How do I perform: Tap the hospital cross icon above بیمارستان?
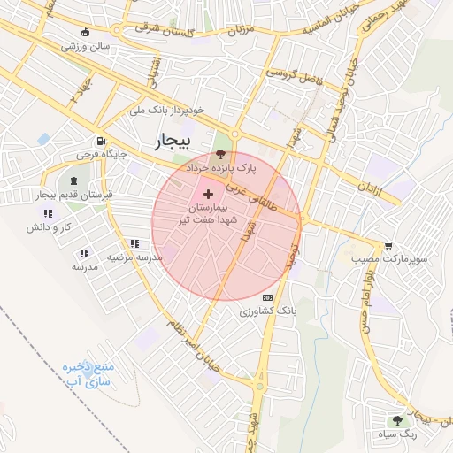click(208, 193)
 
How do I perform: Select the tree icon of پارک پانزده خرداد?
click(220, 153)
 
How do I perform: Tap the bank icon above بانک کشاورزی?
click(268, 297)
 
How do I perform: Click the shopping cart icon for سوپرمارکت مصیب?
click(388, 245)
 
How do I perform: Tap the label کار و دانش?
click(48, 227)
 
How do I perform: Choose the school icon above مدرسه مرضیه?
click(134, 243)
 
